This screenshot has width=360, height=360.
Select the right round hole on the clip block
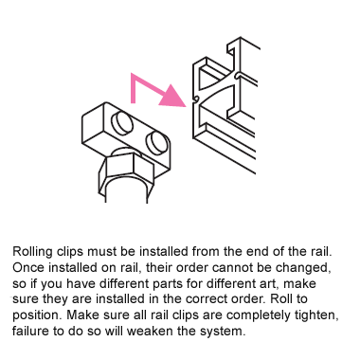click(x=157, y=144)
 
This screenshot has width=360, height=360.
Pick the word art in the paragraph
click(x=270, y=283)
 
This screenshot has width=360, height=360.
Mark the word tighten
click(x=316, y=315)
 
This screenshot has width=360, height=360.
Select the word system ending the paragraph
click(x=223, y=332)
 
